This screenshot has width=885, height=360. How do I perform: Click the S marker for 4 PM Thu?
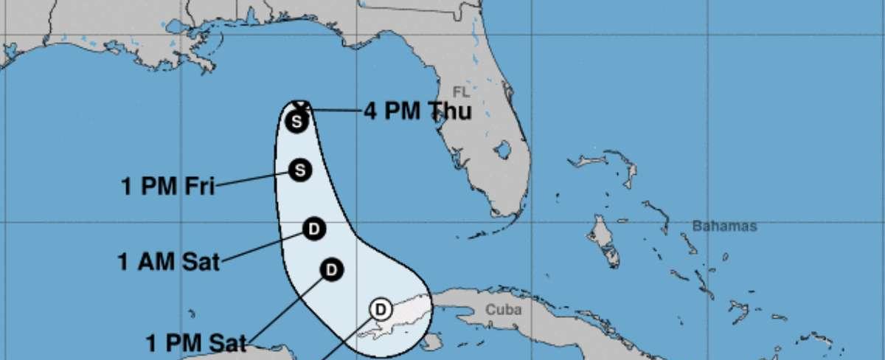297,121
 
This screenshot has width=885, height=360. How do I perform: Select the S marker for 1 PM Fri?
299,170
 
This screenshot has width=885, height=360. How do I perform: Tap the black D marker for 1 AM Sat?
314,229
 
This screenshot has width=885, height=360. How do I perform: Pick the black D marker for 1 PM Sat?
331,269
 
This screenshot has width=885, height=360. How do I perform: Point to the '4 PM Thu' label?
417,111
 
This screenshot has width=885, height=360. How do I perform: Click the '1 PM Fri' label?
167,185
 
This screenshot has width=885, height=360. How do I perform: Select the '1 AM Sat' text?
169,261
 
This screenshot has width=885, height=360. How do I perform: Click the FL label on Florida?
461,92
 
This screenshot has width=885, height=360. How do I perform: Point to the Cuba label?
503,310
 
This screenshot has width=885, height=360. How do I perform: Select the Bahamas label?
724,226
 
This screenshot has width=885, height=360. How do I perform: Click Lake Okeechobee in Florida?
503,150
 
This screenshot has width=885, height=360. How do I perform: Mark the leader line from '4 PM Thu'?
336,111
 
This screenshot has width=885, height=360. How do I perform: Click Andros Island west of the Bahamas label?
600,238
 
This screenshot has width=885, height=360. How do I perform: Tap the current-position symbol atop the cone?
299,105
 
